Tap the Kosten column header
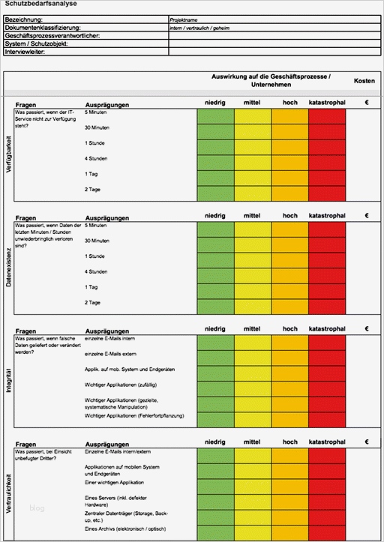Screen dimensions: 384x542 tap(364, 80)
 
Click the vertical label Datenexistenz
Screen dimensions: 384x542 tap(9, 267)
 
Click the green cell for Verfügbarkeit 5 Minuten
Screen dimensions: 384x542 tap(215, 117)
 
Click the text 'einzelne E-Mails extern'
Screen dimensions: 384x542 tap(109, 355)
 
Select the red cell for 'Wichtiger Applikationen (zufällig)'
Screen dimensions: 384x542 tap(327, 386)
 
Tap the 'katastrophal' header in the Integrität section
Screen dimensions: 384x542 tap(327, 329)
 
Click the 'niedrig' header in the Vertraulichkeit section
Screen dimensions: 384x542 tap(215, 442)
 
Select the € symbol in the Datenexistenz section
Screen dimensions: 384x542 tap(367, 216)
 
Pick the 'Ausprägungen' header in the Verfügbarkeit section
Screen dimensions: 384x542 tap(107, 104)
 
